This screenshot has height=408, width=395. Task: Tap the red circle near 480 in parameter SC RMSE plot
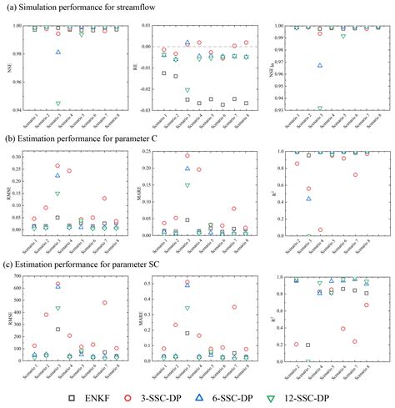click(x=104, y=303)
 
